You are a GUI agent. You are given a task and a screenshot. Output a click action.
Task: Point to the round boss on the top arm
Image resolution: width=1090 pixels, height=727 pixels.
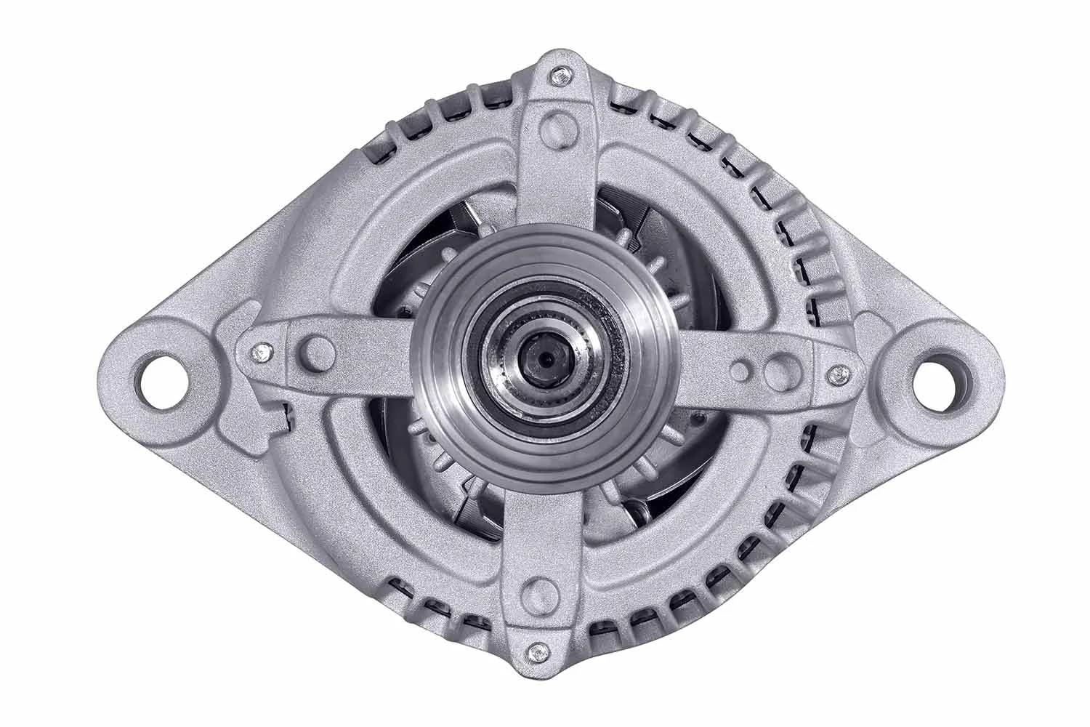[554, 124]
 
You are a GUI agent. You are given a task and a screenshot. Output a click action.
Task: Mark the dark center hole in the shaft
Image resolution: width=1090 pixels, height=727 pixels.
[544, 358]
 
